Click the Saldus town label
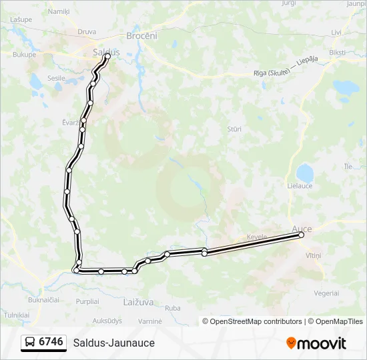pos(106,51)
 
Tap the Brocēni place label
pos(141,36)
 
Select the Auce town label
pos(302,228)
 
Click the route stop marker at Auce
pos(301,235)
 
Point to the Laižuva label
pos(138,301)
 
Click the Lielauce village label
pos(299,185)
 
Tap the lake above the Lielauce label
pos(304,173)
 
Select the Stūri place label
pos(234,129)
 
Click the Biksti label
pos(337,52)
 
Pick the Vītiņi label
pos(313,255)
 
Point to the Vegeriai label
pos(326,293)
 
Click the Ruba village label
pos(172,308)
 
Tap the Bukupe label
pos(23,55)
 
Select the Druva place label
pos(87,31)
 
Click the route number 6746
pos(51,342)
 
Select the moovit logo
pos(316,343)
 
